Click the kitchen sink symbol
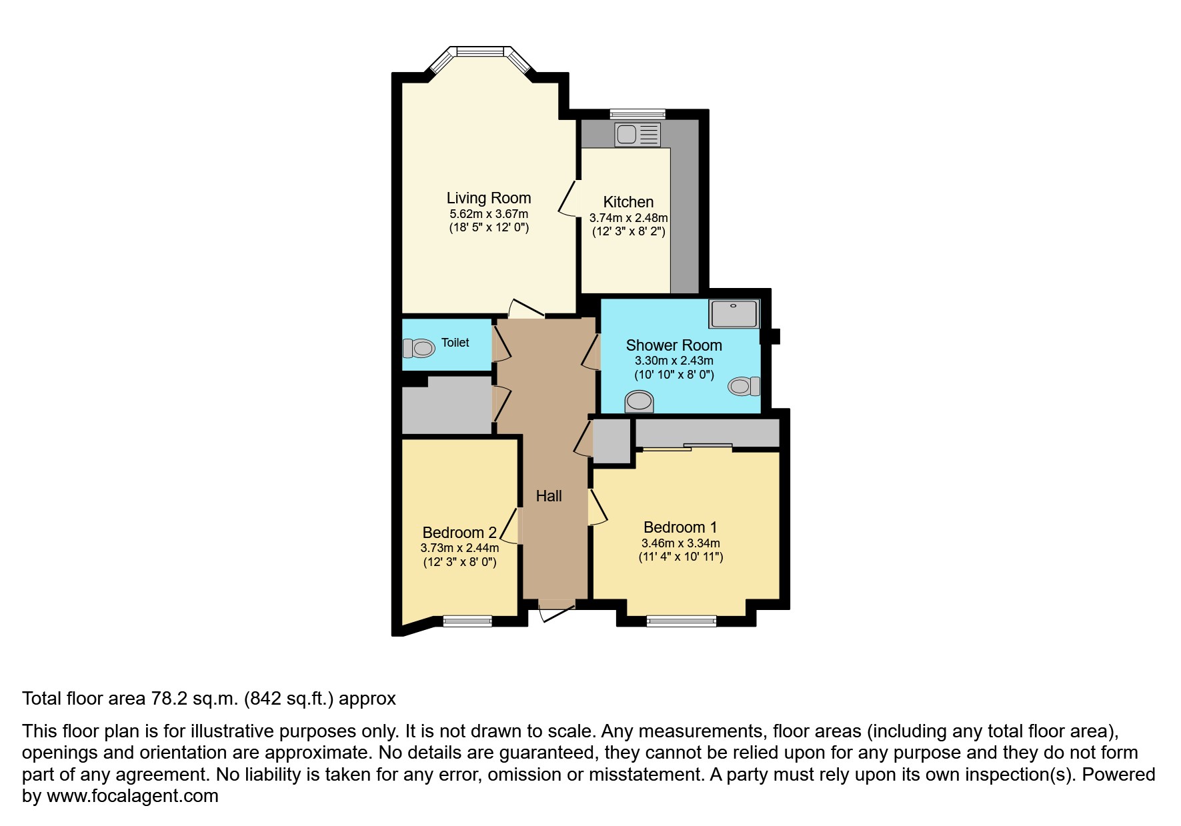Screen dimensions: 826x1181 click(638, 135)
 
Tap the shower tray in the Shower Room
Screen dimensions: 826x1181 click(734, 314)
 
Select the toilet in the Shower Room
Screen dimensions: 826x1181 click(744, 386)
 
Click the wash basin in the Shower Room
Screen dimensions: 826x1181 click(639, 401)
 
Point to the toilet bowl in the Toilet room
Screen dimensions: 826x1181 click(418, 348)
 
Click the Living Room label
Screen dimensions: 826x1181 click(488, 198)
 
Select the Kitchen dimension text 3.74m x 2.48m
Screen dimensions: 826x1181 click(628, 218)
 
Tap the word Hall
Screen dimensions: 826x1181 click(549, 496)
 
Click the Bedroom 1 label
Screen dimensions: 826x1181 click(680, 527)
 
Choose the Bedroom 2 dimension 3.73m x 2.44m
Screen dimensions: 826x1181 click(459, 548)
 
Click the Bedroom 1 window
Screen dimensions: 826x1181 click(681, 621)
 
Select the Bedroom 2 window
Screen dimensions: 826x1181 click(467, 621)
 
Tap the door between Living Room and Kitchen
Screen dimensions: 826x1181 click(568, 198)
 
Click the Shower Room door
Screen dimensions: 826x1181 click(590, 353)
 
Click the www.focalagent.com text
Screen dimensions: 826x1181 click(132, 796)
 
